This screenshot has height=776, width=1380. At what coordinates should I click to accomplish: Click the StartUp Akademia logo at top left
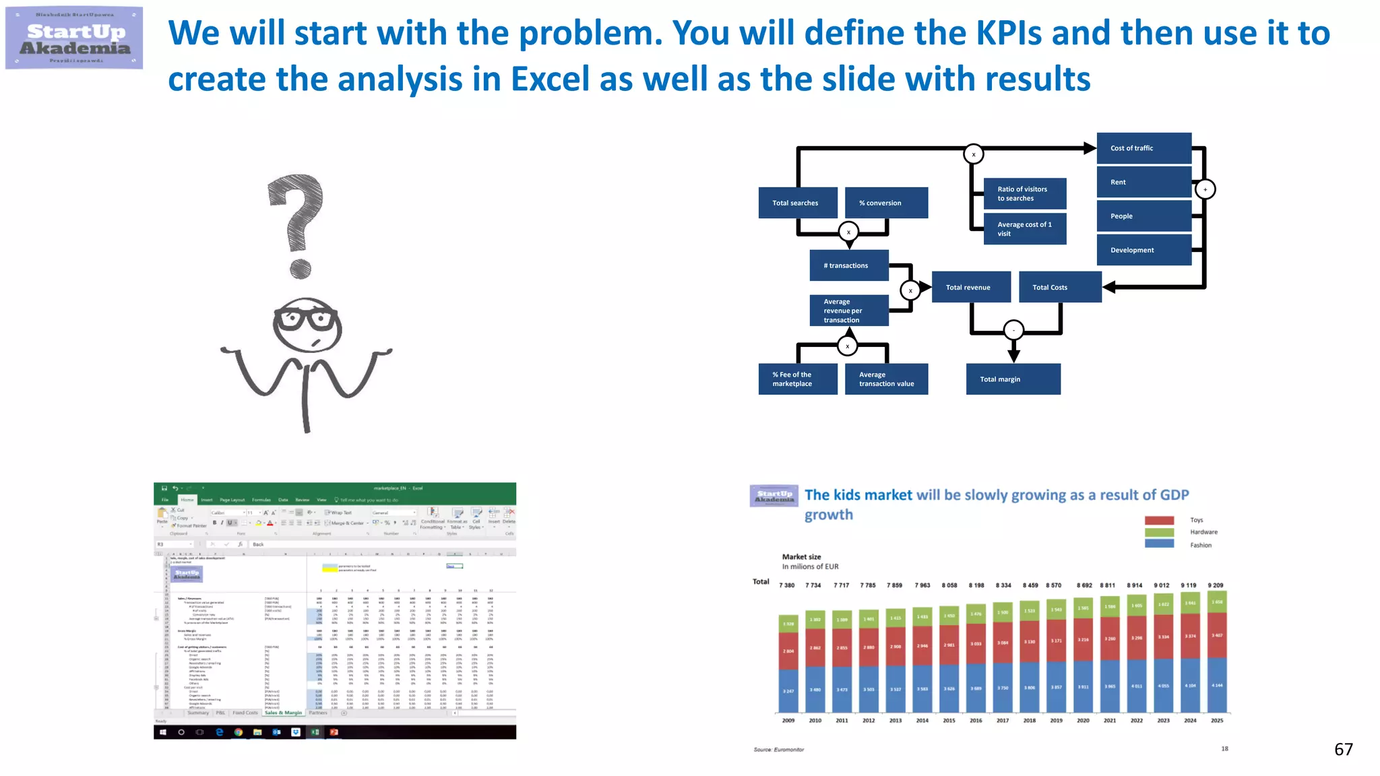click(x=74, y=38)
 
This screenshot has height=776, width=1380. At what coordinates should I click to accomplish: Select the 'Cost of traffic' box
click(x=1143, y=148)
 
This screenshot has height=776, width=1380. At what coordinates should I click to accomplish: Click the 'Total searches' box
click(x=798, y=203)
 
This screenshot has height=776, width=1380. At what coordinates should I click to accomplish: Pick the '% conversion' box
click(x=885, y=203)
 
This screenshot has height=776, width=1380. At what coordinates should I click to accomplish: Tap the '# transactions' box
click(x=848, y=265)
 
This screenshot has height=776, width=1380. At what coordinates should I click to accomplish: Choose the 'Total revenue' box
click(x=970, y=287)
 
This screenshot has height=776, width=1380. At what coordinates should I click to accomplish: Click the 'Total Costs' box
click(x=1059, y=287)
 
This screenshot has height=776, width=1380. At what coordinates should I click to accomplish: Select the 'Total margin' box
click(x=1013, y=379)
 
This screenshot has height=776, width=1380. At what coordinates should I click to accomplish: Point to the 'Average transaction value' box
click(x=885, y=379)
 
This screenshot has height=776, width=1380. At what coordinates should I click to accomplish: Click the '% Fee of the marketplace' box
click(x=798, y=379)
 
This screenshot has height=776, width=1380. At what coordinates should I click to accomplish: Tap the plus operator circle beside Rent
click(x=1205, y=189)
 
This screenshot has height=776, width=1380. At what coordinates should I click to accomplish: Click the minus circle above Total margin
click(x=1013, y=330)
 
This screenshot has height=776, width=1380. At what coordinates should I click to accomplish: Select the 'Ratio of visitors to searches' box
click(x=1024, y=194)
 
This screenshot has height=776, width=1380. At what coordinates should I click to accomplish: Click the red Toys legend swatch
click(x=1159, y=520)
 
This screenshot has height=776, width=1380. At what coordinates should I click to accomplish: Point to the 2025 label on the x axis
click(x=1217, y=721)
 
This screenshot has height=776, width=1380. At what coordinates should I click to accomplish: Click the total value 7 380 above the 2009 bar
click(x=787, y=585)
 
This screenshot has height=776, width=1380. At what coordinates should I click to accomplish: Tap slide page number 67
click(x=1343, y=750)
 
